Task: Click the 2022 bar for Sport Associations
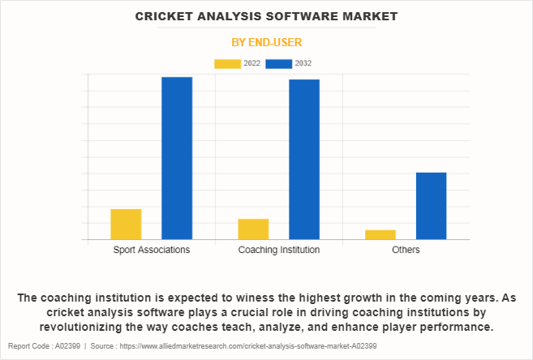(x=126, y=225)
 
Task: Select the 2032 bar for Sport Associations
(x=177, y=158)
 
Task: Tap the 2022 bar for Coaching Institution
(x=253, y=229)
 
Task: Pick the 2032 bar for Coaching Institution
(x=304, y=160)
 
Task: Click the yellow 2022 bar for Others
(x=380, y=234)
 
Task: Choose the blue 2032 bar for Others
(x=431, y=206)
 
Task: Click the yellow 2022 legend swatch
(x=227, y=63)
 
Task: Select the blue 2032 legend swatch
(x=278, y=63)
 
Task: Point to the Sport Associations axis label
(x=152, y=250)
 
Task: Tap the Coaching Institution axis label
(x=279, y=250)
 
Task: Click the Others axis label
(x=406, y=250)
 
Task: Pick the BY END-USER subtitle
(x=266, y=42)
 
